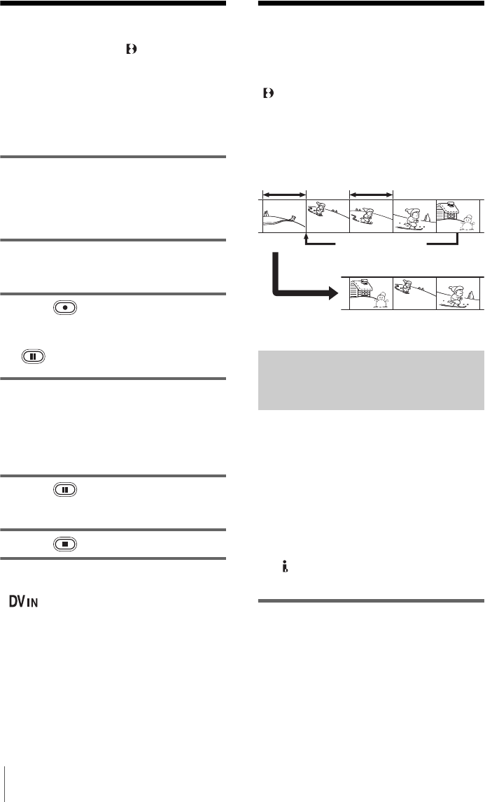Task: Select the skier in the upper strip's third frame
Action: pyautogui.click(x=365, y=216)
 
